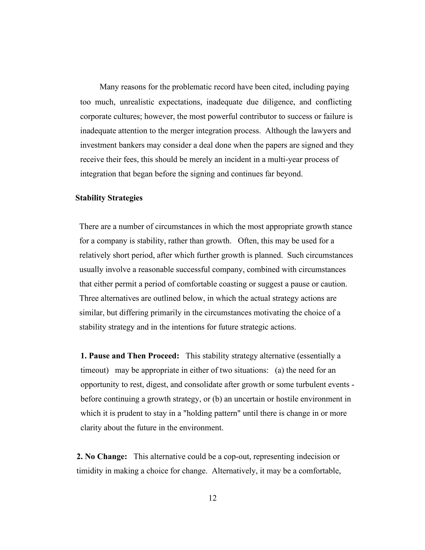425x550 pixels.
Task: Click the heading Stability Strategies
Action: (x=109, y=198)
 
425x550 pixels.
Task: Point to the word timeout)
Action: (x=94, y=370)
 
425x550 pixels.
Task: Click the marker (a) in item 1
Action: (x=279, y=370)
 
